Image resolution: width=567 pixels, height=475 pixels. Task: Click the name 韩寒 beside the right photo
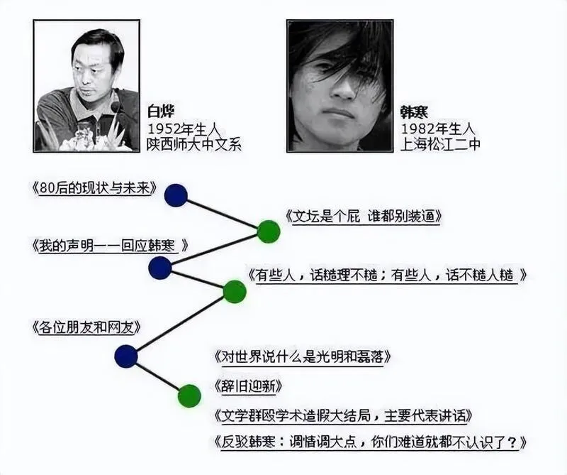(x=414, y=112)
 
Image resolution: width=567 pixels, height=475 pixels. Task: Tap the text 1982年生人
(x=437, y=129)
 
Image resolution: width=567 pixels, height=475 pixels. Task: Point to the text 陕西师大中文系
(x=193, y=144)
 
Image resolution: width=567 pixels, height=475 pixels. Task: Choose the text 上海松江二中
(x=440, y=144)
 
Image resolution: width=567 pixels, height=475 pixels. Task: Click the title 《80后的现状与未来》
(x=94, y=188)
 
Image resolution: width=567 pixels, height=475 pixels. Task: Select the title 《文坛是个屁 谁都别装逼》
(x=364, y=217)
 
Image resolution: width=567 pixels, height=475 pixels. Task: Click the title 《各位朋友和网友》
(x=86, y=327)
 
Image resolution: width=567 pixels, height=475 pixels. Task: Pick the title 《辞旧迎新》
(x=248, y=386)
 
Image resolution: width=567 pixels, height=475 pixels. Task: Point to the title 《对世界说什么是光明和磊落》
(x=303, y=357)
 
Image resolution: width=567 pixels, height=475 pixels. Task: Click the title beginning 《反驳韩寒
(x=370, y=442)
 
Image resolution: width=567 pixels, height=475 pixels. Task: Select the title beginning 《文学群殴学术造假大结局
(x=343, y=415)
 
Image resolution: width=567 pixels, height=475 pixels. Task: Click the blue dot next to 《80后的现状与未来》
(x=176, y=195)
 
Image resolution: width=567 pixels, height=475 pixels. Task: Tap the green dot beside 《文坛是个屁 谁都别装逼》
(x=269, y=231)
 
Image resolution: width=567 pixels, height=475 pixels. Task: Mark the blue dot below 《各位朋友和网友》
(x=126, y=356)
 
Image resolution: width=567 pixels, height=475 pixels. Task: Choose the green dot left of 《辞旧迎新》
(x=189, y=395)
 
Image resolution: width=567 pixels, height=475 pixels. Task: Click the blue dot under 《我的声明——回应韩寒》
(x=160, y=268)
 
